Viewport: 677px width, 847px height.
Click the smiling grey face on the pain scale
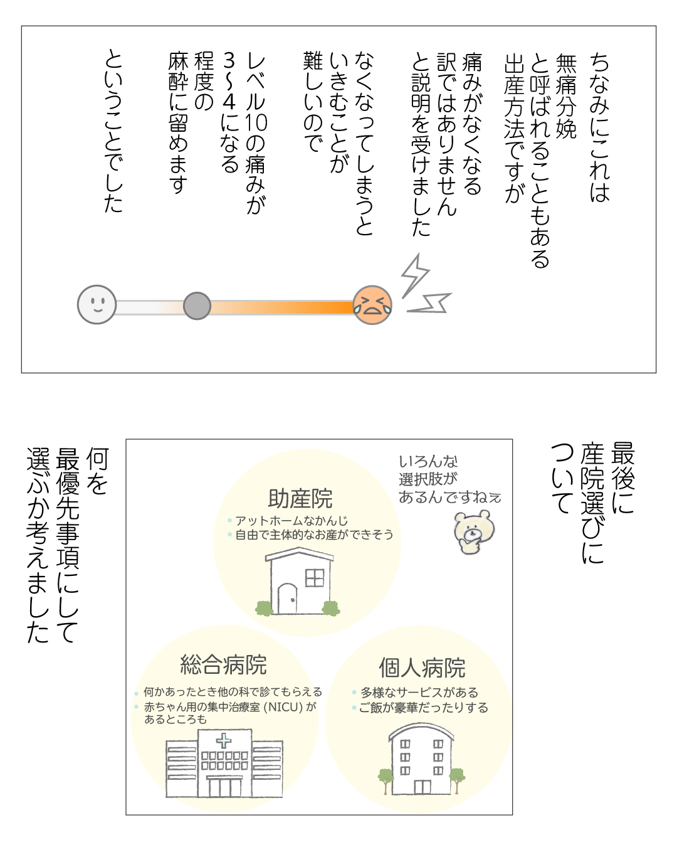tap(97, 304)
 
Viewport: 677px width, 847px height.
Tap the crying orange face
tap(372, 305)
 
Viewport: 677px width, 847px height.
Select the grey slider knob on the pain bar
tap(197, 306)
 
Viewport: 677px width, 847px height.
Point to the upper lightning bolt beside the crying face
tap(414, 275)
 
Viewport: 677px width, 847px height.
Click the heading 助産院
tap(300, 499)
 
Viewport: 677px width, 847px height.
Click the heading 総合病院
tap(223, 664)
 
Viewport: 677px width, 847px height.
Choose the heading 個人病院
tap(422, 668)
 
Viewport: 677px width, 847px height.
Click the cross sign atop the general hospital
tap(223, 741)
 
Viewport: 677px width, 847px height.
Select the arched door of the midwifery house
tap(287, 599)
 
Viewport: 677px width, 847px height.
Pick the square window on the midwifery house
tap(315, 578)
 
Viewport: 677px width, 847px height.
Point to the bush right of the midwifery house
tap(331, 607)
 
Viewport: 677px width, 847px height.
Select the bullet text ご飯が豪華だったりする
tap(423, 708)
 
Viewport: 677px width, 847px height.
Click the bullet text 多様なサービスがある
tap(419, 693)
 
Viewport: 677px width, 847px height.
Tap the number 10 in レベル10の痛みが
tap(256, 122)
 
